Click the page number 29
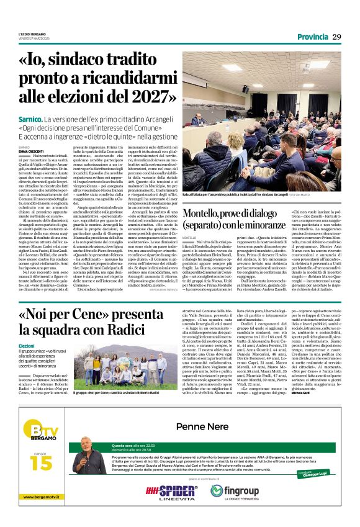click(x=336, y=37)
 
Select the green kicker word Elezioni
click(x=27, y=345)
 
